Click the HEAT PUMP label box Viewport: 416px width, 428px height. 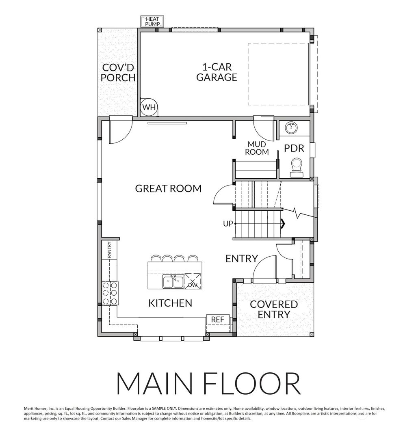(x=152, y=22)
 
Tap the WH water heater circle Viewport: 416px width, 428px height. (x=149, y=108)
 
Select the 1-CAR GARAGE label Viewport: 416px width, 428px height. (x=217, y=72)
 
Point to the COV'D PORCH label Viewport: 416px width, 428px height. (x=118, y=73)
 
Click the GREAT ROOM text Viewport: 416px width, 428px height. (x=168, y=188)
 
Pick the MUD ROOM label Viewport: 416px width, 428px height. (x=257, y=148)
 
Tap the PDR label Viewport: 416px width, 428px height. (x=294, y=148)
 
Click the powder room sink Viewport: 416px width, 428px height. (x=290, y=128)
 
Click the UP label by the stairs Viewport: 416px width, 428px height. (x=227, y=223)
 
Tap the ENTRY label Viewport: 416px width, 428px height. (x=242, y=259)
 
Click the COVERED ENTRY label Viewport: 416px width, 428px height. (x=273, y=309)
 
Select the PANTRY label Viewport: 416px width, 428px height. (x=109, y=249)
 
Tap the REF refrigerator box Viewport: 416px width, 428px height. (x=217, y=320)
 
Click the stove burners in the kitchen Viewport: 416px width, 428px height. (x=110, y=293)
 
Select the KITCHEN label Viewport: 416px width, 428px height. (x=170, y=303)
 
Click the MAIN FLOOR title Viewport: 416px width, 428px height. (x=208, y=383)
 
